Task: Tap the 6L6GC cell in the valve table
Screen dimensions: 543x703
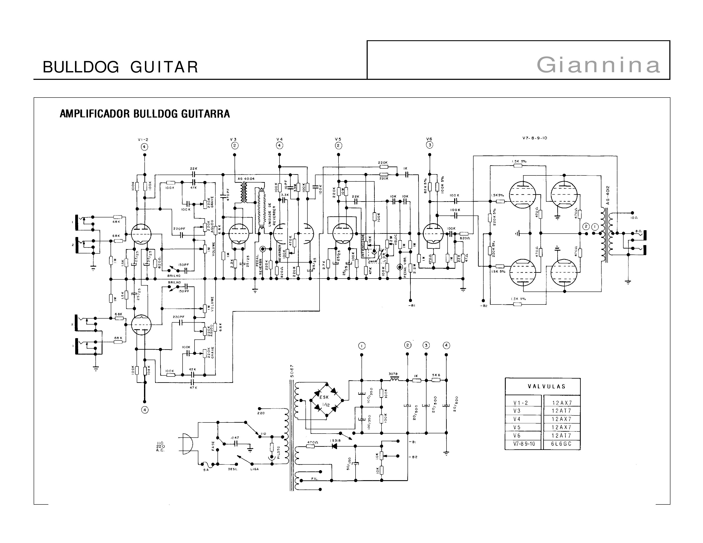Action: [561, 444]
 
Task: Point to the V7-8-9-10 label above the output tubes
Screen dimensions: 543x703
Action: [535, 138]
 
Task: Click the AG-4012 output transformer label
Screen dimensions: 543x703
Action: [607, 195]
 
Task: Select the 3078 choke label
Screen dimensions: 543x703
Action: [393, 374]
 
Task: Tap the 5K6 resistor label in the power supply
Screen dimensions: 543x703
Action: [436, 375]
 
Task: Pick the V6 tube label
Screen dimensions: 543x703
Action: [429, 139]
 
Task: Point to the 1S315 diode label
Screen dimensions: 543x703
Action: [335, 440]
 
